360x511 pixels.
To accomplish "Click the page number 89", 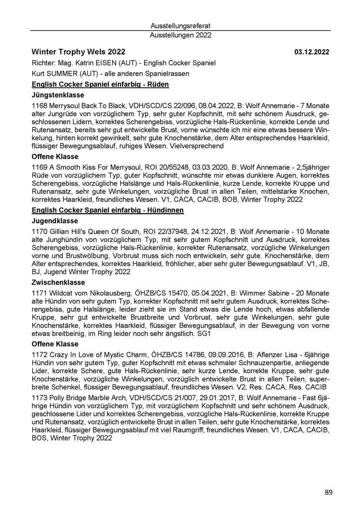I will pos(329,493).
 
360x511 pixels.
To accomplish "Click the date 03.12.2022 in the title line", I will pos(312,52).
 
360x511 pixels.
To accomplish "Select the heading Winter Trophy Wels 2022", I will pos(78,52).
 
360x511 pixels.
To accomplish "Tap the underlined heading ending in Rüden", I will pos(100,84).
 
